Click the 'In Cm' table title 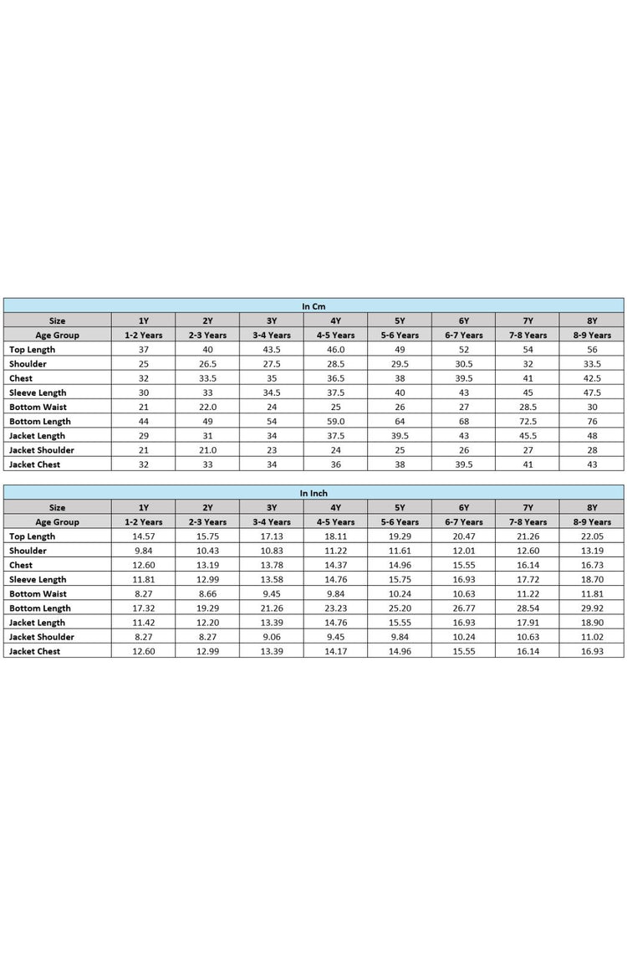pyautogui.click(x=313, y=306)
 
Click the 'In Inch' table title pyautogui.click(x=313, y=493)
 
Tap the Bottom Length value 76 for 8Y pyautogui.click(x=592, y=421)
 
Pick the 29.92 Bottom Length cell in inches pyautogui.click(x=592, y=608)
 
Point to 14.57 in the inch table pyautogui.click(x=144, y=536)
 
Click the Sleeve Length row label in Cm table pyautogui.click(x=38, y=392)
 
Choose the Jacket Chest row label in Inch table pyautogui.click(x=35, y=651)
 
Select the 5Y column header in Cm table pyautogui.click(x=400, y=321)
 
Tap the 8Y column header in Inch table pyautogui.click(x=592, y=507)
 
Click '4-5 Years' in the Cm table pyautogui.click(x=336, y=335)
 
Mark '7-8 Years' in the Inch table pyautogui.click(x=528, y=521)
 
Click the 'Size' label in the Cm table pyautogui.click(x=57, y=321)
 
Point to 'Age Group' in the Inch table pyautogui.click(x=57, y=521)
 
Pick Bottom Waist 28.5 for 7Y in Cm pyautogui.click(x=528, y=407)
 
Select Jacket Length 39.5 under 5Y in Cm pyautogui.click(x=400, y=435)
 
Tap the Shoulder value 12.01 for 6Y pyautogui.click(x=464, y=551)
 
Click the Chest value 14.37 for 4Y pyautogui.click(x=336, y=565)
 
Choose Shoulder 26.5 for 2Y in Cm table pyautogui.click(x=207, y=364)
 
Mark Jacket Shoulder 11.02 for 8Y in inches pyautogui.click(x=592, y=637)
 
